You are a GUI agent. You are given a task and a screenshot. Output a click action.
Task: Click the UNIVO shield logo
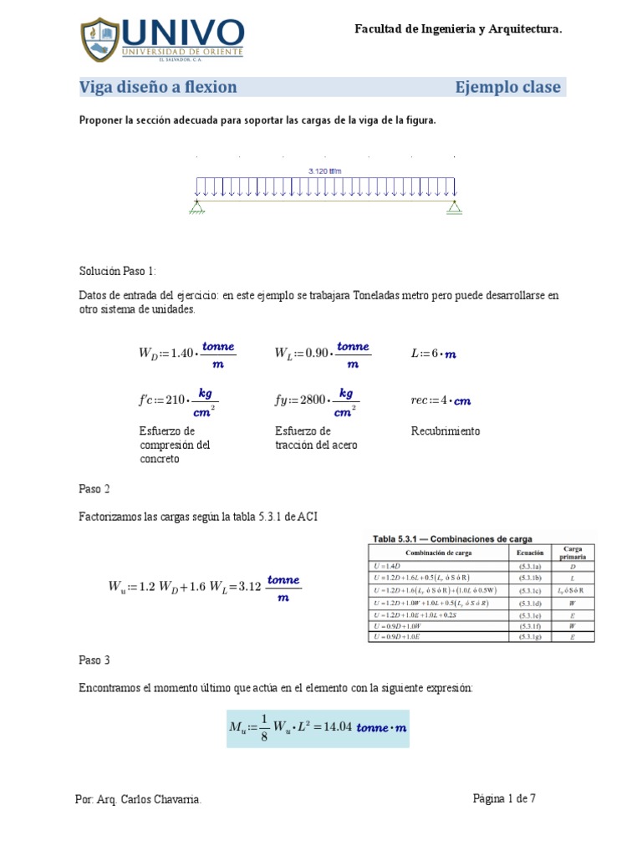pyautogui.click(x=101, y=38)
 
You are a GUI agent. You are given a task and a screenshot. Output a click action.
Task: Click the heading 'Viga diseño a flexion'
pyautogui.click(x=158, y=87)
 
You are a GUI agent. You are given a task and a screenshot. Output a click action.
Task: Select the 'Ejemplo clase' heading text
pyautogui.click(x=507, y=87)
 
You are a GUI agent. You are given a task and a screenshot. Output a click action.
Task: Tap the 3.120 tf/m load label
pyautogui.click(x=325, y=171)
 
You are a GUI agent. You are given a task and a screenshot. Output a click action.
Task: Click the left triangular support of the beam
pyautogui.click(x=196, y=206)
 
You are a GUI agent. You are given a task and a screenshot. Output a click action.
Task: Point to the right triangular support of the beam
pyautogui.click(x=454, y=206)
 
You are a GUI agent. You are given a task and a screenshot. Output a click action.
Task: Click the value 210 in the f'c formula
pyautogui.click(x=175, y=400)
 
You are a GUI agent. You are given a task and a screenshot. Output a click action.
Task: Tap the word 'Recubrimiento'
pyautogui.click(x=446, y=431)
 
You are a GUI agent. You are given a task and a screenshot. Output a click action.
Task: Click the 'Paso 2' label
pyautogui.click(x=94, y=488)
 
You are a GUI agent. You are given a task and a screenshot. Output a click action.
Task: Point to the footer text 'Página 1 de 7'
pyautogui.click(x=504, y=798)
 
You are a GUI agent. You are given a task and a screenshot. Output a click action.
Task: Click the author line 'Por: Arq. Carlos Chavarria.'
pyautogui.click(x=139, y=800)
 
